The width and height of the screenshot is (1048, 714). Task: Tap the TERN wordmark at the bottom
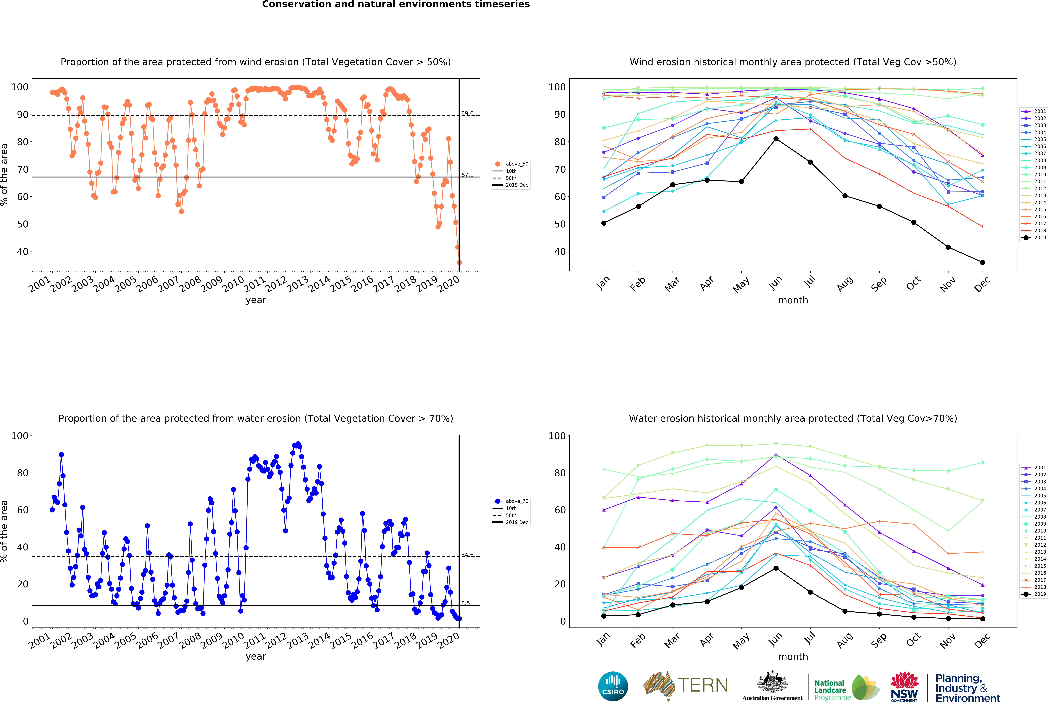(x=703, y=685)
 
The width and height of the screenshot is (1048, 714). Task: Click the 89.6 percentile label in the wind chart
(x=467, y=114)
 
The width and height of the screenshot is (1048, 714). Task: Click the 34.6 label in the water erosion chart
(x=467, y=555)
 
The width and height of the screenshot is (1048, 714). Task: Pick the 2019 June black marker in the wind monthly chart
(x=776, y=139)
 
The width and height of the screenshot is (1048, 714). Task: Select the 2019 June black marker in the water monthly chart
(x=776, y=568)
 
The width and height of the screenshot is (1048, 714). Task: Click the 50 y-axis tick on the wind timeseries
(x=23, y=224)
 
